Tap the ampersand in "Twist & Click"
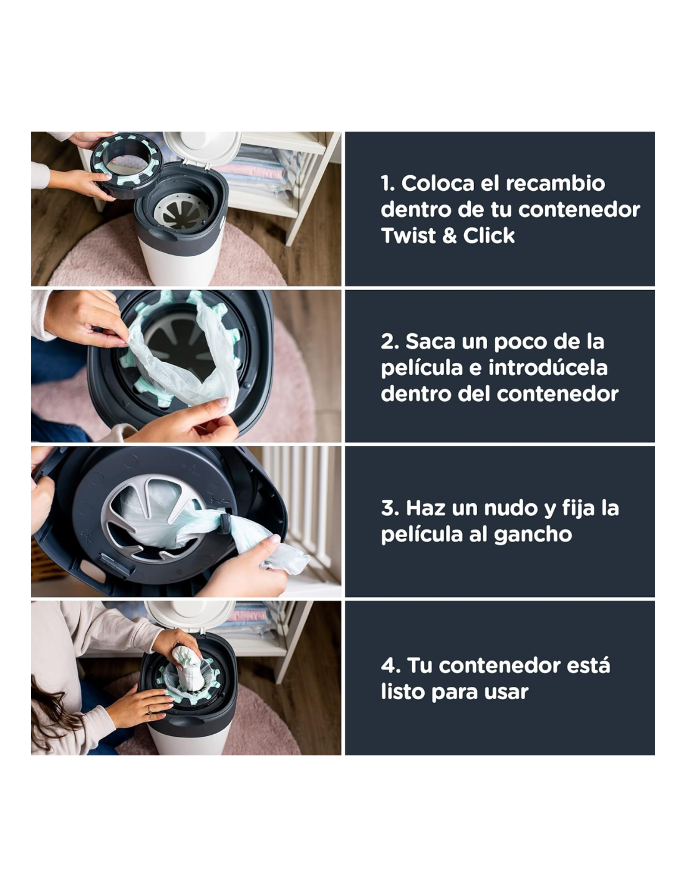[449, 236]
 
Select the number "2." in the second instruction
[390, 341]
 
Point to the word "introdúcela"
[548, 367]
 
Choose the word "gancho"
[533, 535]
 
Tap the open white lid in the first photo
[202, 148]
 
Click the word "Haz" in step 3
[422, 508]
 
